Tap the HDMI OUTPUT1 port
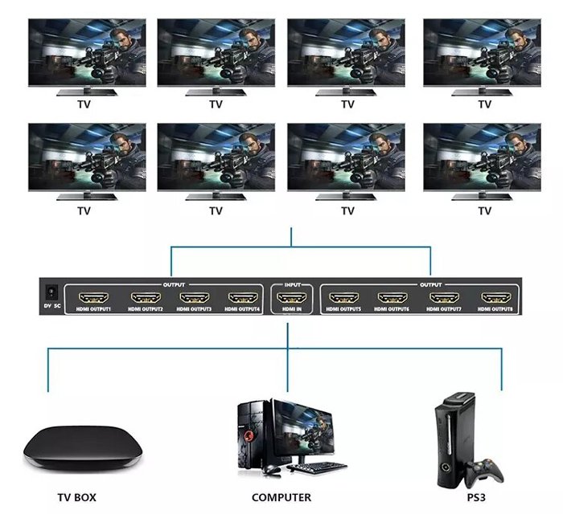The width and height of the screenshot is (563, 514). coord(92,298)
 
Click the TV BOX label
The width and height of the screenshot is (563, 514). coord(76,497)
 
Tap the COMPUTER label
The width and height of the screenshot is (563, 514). coord(281,497)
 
